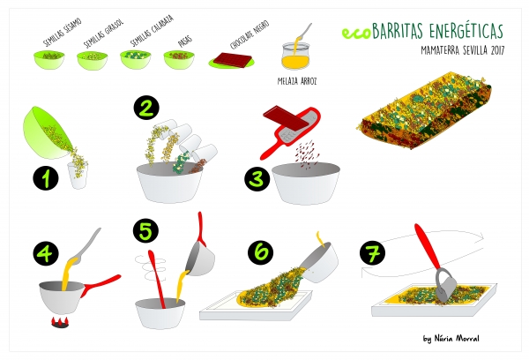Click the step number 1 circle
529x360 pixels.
[x=46, y=178]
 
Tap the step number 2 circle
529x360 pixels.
[x=146, y=109]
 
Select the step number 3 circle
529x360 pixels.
[x=257, y=178]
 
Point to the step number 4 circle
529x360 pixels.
[x=46, y=253]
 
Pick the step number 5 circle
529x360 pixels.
[x=145, y=230]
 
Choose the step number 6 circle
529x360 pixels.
[x=261, y=251]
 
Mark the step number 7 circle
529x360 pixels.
[x=372, y=253]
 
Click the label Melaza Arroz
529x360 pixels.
[x=297, y=81]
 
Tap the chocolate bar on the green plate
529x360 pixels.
[x=232, y=59]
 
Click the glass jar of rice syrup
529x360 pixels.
[x=295, y=56]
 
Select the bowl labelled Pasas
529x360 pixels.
[x=179, y=60]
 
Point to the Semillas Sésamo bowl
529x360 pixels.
[x=48, y=60]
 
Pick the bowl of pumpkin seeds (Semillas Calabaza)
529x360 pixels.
[x=136, y=59]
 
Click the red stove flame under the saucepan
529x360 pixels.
[x=61, y=322]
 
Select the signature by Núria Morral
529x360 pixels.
[x=451, y=339]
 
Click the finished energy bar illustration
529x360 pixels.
[x=424, y=110]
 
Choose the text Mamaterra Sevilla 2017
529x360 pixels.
[x=463, y=50]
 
